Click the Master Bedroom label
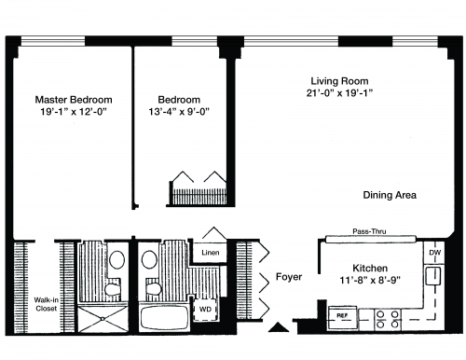pyautogui.click(x=74, y=100)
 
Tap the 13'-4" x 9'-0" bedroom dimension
pyautogui.click(x=179, y=111)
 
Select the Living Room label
pyautogui.click(x=339, y=81)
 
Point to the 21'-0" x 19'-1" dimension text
pyautogui.click(x=339, y=92)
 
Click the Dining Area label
pyautogui.click(x=390, y=195)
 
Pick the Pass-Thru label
pyautogui.click(x=369, y=231)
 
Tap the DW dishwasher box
pyautogui.click(x=434, y=253)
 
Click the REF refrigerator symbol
pyautogui.click(x=343, y=317)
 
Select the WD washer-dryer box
pyautogui.click(x=205, y=309)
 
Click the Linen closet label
pyautogui.click(x=211, y=253)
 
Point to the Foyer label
pyautogui.click(x=289, y=277)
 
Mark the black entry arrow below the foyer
pyautogui.click(x=279, y=327)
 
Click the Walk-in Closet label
pyautogui.click(x=46, y=304)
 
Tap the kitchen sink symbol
pyautogui.click(x=433, y=276)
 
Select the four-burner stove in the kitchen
pyautogui.click(x=388, y=320)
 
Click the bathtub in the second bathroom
pyautogui.click(x=164, y=317)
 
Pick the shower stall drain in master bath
pyautogui.click(x=103, y=319)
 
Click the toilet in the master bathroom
pyautogui.click(x=113, y=288)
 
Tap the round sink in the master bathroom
pyautogui.click(x=117, y=260)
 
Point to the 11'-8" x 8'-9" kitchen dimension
pyautogui.click(x=370, y=280)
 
